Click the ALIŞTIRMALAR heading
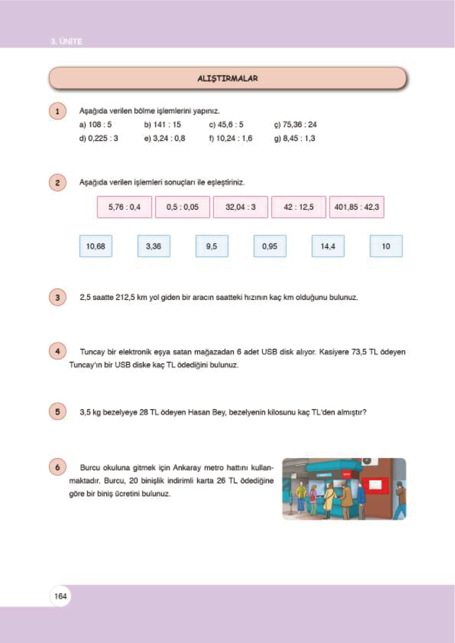[228, 79]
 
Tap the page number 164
[60, 596]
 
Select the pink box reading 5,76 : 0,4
[124, 207]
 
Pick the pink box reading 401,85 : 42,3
[356, 207]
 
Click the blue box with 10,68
[96, 246]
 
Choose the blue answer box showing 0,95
[270, 246]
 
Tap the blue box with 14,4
[328, 246]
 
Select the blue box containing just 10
[386, 246]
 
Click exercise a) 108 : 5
[96, 124]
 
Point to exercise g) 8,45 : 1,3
[295, 138]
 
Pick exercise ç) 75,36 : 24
[295, 124]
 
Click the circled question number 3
[57, 297]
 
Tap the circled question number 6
[57, 467]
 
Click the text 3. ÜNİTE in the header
[66, 41]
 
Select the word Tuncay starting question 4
[92, 352]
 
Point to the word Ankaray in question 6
[187, 467]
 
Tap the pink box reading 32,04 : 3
[240, 207]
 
